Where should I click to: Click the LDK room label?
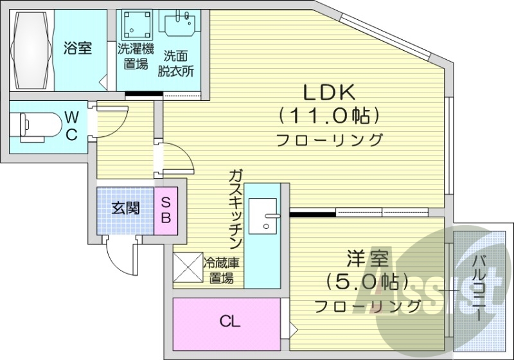330,93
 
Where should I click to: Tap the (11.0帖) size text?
330,116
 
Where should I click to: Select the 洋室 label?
367,260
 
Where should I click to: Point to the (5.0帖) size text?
367,282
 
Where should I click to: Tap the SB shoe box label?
166,210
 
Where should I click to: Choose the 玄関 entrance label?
125,209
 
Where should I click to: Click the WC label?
72,125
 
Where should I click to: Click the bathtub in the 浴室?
30,48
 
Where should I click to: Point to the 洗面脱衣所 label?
177,63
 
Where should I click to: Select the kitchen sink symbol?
264,215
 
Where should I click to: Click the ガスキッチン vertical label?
236,210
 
